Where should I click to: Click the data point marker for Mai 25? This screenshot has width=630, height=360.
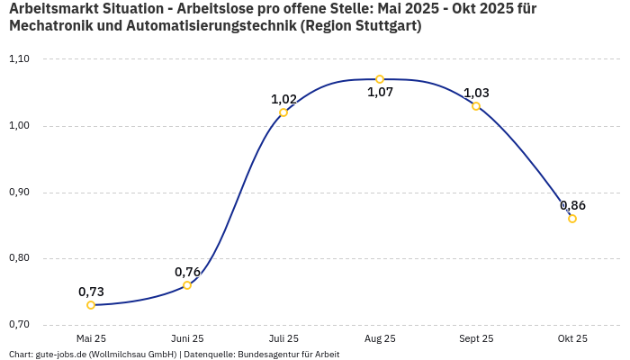(91, 305)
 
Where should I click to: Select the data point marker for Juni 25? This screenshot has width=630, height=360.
(187, 285)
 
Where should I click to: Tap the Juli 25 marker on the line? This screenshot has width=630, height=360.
(283, 112)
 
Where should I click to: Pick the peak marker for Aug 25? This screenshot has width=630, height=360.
(380, 79)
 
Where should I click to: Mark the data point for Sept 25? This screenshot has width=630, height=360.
(476, 106)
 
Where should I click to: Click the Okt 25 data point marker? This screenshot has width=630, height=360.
(572, 219)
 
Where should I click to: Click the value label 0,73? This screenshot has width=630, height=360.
(91, 292)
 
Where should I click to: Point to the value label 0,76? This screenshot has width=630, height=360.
(187, 272)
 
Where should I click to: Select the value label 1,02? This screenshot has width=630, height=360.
(283, 99)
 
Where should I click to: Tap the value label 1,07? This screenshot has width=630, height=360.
(380, 93)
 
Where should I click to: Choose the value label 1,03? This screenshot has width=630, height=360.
(476, 93)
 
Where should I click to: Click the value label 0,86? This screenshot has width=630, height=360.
(572, 205)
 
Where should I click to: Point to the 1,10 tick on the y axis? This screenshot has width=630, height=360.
(19, 59)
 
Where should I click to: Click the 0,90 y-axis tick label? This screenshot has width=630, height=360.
(19, 193)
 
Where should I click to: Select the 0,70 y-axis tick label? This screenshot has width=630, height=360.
(19, 325)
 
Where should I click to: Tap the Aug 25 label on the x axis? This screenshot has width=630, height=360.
(380, 338)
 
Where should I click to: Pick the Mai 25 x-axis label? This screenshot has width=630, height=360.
(91, 338)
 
